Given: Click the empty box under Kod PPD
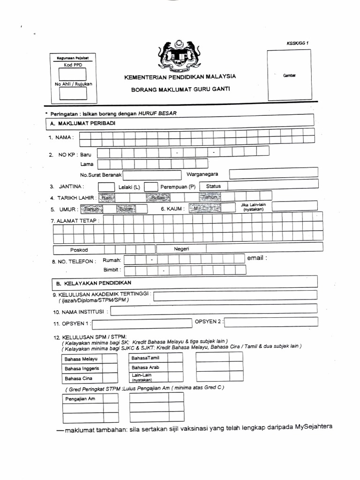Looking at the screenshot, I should [73, 75].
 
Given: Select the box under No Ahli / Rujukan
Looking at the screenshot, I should [73, 94].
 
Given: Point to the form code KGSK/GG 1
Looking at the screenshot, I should [297, 43].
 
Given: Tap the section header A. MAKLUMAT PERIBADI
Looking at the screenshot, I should [82, 123].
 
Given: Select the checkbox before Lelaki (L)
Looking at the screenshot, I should [106, 187].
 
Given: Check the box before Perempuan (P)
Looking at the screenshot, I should [151, 187].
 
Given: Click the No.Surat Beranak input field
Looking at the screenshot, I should [151, 175].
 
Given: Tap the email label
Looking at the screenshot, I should [257, 258].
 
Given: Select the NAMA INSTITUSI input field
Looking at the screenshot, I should [214, 310].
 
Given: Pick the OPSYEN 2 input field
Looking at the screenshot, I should [271, 322].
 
